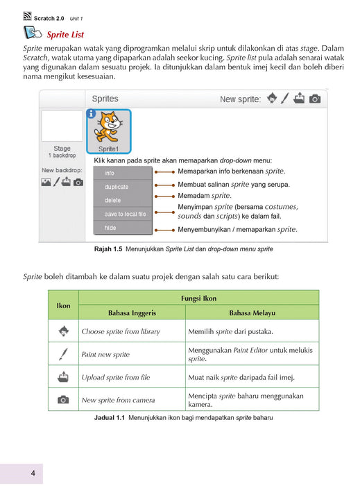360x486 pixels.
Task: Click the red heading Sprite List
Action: tap(65, 35)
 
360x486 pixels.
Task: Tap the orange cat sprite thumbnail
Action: tap(109, 131)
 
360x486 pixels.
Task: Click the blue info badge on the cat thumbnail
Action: tap(91, 114)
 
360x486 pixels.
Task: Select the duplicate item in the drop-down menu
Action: tap(117, 187)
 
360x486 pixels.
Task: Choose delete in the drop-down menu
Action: tap(112, 200)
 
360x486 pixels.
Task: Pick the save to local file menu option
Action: tap(125, 214)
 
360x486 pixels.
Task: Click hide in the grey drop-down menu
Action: tap(110, 228)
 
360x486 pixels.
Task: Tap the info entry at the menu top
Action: tap(110, 173)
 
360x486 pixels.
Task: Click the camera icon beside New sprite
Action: tap(315, 99)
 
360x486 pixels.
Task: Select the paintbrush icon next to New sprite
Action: tap(285, 99)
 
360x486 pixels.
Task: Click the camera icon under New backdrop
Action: tap(78, 182)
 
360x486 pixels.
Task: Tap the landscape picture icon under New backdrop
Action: tap(46, 182)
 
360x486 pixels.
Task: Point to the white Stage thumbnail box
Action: tap(62, 126)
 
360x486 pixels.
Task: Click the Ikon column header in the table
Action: tap(63, 305)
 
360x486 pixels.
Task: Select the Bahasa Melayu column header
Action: tap(252, 312)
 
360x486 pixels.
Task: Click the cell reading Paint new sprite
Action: tap(105, 354)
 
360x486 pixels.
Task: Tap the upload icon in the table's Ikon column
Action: tap(63, 376)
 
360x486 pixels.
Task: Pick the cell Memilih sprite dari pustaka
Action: tap(230, 331)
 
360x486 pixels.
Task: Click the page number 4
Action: tap(33, 473)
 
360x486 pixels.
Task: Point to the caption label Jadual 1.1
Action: tap(110, 417)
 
